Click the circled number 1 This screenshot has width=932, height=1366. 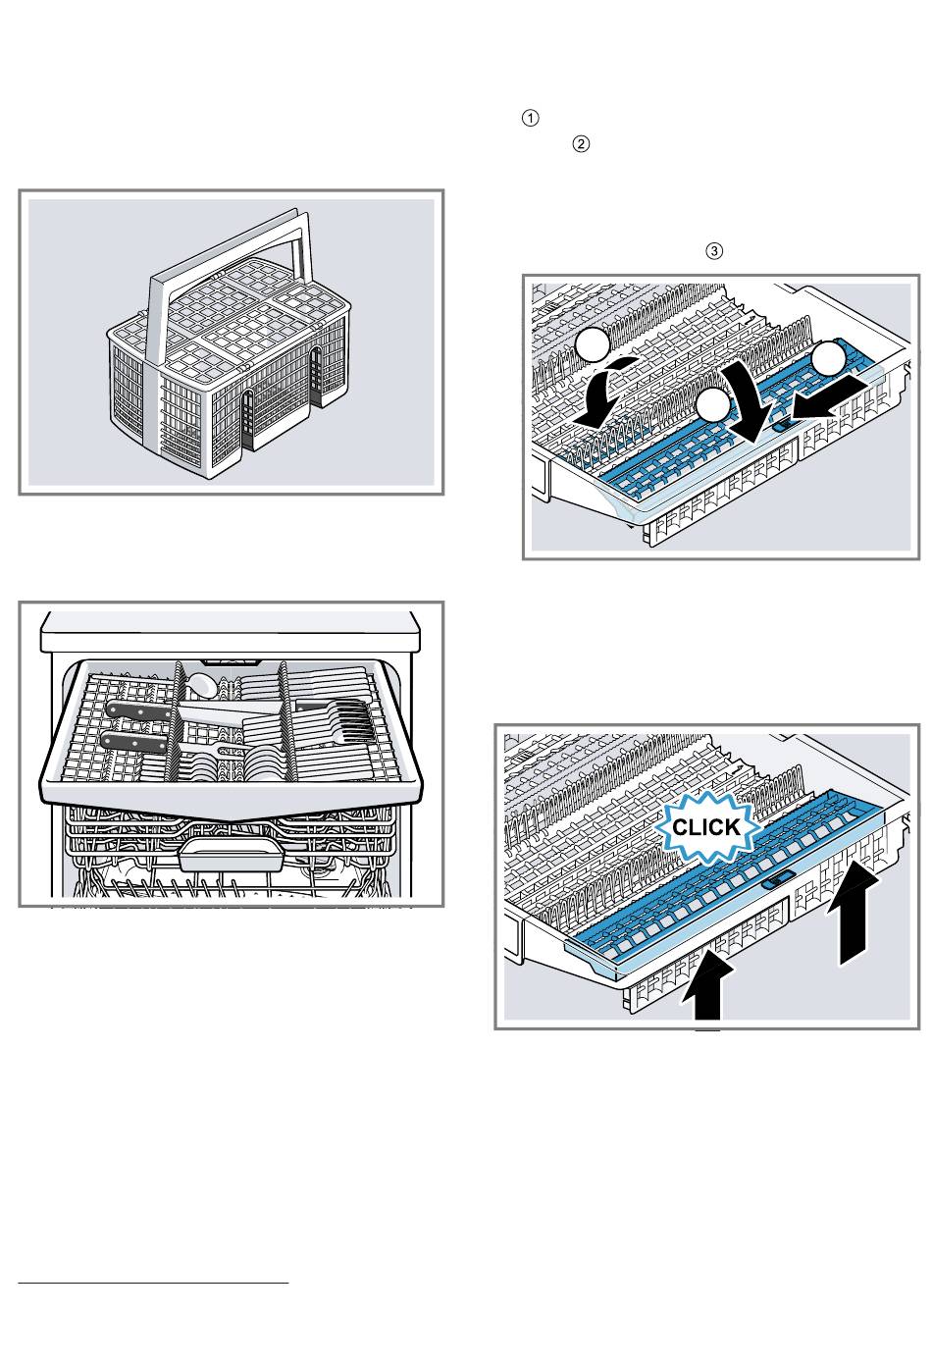coord(531,118)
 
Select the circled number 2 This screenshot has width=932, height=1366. coord(580,144)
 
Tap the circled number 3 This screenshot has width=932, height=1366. coord(714,250)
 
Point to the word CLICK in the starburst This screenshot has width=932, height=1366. coord(706,827)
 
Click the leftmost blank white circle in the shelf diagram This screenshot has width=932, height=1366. coord(592,345)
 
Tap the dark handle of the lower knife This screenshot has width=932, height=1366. coord(133,742)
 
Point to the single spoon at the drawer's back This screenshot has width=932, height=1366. coord(201,685)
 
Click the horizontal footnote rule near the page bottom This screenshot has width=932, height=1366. coord(153,1284)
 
